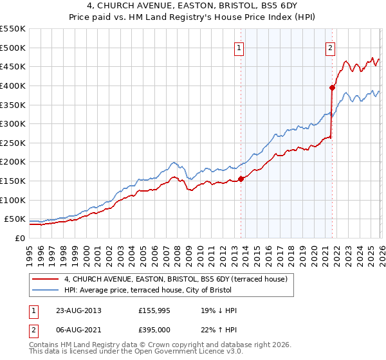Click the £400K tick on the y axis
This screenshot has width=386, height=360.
pos(12,85)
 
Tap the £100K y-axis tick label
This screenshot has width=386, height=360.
pos(12,200)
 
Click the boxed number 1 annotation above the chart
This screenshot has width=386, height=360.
pos(239,47)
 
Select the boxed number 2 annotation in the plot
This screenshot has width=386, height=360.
pos(330,47)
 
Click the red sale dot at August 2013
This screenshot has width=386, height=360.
pos(241,179)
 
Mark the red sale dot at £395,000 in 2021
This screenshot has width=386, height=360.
pos(332,87)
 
